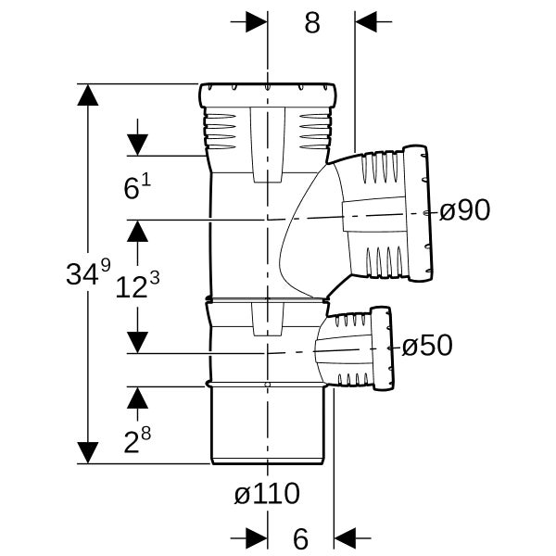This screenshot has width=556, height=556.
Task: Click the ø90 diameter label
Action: pos(464,210)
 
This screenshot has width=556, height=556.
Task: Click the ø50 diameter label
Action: pos(427,345)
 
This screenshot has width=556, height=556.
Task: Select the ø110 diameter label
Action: pos(267,493)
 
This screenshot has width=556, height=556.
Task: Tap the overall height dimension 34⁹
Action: pos(89,272)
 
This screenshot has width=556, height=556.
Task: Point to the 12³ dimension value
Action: pos(137,284)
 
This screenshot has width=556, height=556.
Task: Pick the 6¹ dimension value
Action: pos(137,186)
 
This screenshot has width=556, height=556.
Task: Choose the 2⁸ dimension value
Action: pos(137,440)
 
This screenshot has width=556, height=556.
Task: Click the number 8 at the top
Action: pos(312,22)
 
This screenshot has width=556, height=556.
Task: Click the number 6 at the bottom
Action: pos(300,538)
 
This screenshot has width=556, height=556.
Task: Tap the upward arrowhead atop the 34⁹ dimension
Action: pos(88,95)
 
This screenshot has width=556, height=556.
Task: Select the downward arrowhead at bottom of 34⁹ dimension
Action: pos(88,453)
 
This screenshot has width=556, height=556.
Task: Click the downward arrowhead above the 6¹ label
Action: pos(137,145)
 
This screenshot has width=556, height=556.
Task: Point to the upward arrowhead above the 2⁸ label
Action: pos(137,398)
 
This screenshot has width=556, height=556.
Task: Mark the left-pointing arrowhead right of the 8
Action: pos(366,21)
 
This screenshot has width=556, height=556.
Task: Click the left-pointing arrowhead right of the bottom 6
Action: pos(345,537)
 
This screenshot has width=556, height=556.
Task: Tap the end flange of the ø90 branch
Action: pos(418,213)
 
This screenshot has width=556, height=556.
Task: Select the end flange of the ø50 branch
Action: pos(382,348)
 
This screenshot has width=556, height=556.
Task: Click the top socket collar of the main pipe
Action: pos(267,95)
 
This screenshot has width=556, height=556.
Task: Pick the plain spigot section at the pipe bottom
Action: pos(268,424)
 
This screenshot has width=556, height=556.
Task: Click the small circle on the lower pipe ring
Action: pos(268,385)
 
